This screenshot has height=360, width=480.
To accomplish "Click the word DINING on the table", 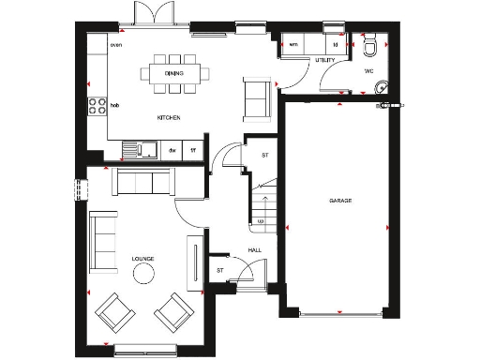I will pos(173,72).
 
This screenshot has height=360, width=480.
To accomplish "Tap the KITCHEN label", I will pos(169,117).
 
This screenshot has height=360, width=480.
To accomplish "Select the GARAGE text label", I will pos(340,202).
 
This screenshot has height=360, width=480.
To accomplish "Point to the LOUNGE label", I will pos(143,258).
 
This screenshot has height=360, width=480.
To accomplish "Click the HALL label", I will pos(255,249).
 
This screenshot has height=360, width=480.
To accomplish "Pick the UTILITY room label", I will pos(325,61).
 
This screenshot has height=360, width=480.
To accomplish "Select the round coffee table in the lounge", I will pos(145,273).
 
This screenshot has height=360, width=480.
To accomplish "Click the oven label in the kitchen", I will pos(116,44).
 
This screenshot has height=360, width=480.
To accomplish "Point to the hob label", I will pos(115,106).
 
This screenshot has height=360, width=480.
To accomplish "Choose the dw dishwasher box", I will pos(172,149).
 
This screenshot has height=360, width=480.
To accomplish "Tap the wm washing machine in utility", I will pos(293,44).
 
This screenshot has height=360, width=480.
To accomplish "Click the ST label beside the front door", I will pos(220,271).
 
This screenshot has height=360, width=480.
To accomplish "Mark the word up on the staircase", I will pos(261,222).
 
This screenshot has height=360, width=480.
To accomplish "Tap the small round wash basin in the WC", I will pos(380,89).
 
